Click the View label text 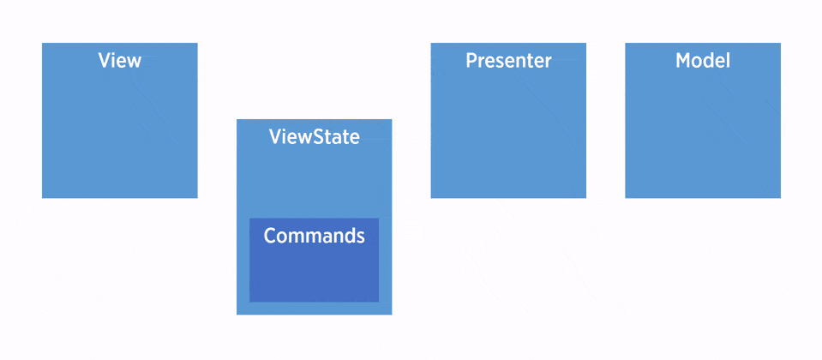(120, 61)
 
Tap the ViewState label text (314, 137)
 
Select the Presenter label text (508, 61)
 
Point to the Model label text (703, 61)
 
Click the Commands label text (314, 236)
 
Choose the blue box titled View (120, 129)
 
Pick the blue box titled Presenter (508, 129)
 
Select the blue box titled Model (703, 129)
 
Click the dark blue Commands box (314, 270)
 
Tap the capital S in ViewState (316, 137)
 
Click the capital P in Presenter (471, 61)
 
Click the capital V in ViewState (275, 137)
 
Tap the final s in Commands (360, 237)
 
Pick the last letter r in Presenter (549, 63)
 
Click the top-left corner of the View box (43, 44)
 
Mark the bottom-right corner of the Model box (780, 197)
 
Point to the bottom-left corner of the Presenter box (431, 197)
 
